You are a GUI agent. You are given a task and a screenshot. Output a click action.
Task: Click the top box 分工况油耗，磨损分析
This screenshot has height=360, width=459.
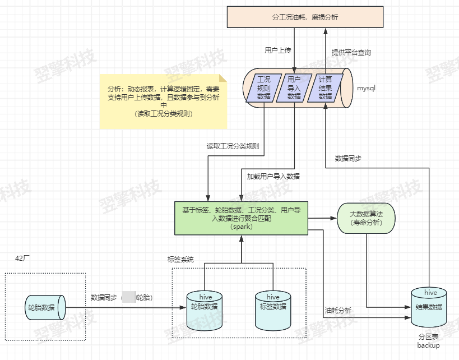click(305, 17)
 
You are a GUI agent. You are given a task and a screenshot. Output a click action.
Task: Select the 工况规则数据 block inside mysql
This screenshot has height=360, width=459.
click(263, 88)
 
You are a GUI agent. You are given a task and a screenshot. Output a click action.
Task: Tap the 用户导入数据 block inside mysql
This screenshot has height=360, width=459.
click(294, 88)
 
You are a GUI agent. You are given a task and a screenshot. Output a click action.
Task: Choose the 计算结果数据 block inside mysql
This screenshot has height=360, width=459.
click(325, 88)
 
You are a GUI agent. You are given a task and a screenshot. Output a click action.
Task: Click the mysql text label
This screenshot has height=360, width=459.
click(366, 88)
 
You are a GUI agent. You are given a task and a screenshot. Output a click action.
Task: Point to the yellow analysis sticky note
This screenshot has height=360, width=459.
click(164, 101)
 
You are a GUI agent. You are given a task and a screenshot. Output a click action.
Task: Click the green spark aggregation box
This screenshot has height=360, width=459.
click(242, 218)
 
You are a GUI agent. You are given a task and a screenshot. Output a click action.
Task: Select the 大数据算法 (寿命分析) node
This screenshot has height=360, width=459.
click(366, 218)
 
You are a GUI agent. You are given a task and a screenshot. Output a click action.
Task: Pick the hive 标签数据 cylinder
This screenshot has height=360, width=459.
click(273, 308)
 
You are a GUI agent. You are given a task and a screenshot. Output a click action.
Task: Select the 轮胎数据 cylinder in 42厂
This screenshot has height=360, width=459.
click(45, 307)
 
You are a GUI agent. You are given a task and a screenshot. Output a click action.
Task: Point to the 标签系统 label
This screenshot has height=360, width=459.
click(180, 260)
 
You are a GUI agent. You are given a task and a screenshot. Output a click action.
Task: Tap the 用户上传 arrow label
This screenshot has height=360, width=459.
click(278, 50)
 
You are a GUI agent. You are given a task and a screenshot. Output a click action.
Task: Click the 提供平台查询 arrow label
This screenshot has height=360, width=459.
click(351, 53)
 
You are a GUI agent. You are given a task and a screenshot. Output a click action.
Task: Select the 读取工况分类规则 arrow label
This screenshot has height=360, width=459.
click(233, 146)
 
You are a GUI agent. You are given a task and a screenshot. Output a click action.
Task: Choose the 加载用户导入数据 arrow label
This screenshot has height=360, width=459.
click(273, 176)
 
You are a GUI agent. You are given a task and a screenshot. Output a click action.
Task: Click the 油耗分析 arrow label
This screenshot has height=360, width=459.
click(338, 311)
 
